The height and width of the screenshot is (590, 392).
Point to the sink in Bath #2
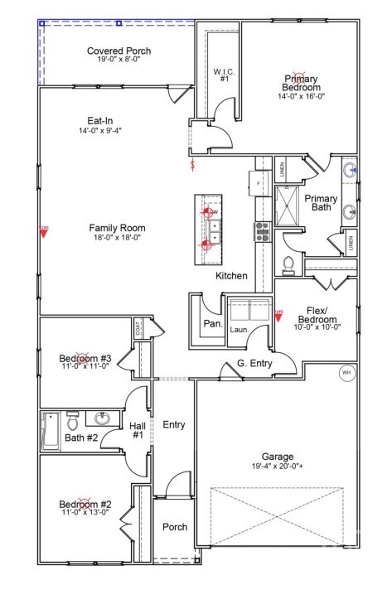[103, 418]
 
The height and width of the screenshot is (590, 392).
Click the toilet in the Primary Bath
[288, 264]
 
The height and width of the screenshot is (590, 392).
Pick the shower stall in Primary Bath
[288, 206]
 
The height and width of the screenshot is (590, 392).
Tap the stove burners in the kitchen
[263, 231]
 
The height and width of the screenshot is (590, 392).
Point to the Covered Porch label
[119, 51]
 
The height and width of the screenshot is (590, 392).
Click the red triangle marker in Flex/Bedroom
[278, 315]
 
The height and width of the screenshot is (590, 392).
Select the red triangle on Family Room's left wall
[44, 233]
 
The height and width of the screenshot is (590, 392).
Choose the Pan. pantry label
[213, 323]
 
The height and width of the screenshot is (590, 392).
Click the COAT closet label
[138, 328]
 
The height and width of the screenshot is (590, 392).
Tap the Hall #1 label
[138, 430]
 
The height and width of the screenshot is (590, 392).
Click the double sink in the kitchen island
[210, 230]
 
